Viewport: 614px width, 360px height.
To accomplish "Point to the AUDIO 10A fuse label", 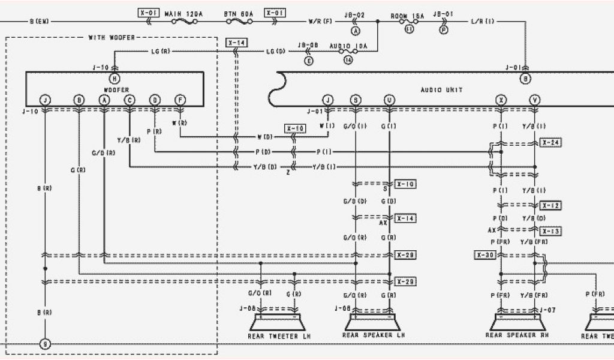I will (348, 46).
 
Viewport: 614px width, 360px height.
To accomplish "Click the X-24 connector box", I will (551, 143).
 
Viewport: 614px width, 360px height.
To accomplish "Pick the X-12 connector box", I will (551, 206).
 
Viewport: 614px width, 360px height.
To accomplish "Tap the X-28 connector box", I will (406, 256).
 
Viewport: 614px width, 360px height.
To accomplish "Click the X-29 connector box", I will (406, 281).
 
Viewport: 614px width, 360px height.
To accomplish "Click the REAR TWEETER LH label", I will (279, 335).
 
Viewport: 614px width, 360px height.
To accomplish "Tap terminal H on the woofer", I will (115, 79).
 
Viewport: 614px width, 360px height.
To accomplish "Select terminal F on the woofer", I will (180, 100).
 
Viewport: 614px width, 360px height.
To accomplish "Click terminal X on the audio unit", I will (501, 100).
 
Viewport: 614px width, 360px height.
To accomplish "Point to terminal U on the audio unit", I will (390, 100).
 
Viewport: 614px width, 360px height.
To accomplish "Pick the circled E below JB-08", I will (309, 61).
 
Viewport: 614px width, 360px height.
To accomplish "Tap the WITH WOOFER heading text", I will (112, 38).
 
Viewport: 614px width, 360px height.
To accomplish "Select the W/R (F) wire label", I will (320, 22).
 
